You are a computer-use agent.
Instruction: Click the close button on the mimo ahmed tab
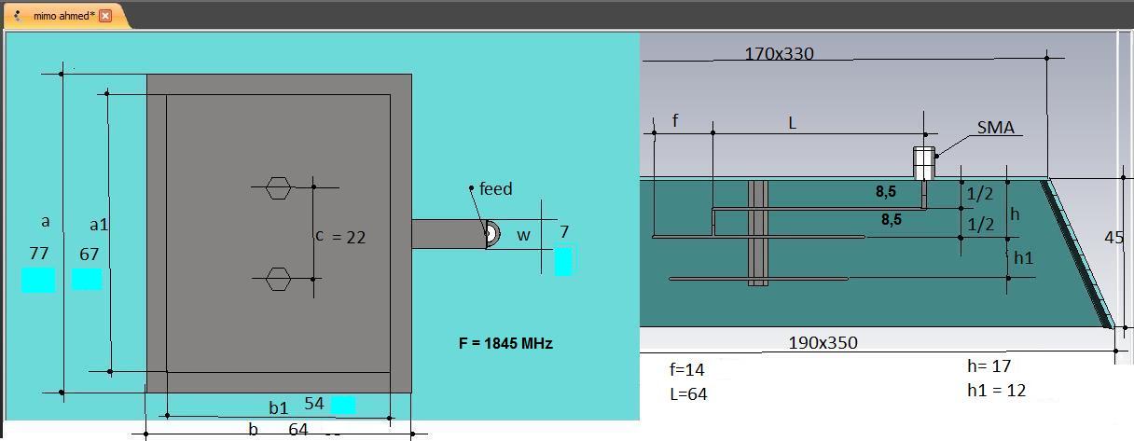[x=105, y=16]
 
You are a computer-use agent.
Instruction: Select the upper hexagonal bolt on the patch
[x=278, y=187]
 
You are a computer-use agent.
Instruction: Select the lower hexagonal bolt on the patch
[x=278, y=279]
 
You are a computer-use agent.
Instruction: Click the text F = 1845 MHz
[x=505, y=343]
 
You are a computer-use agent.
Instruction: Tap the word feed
[x=495, y=189]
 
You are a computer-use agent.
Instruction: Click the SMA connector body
[x=924, y=163]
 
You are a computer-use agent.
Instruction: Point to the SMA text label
[x=995, y=128]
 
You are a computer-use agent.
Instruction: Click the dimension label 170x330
[x=779, y=54]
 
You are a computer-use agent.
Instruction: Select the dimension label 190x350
[x=823, y=343]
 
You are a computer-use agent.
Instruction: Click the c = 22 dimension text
[x=340, y=237]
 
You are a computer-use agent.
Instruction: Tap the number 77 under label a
[x=39, y=253]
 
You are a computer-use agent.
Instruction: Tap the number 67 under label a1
[x=90, y=254]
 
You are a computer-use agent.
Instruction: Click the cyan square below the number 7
[x=563, y=261]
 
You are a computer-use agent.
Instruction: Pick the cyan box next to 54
[x=343, y=405]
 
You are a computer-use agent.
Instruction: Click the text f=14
[x=686, y=369]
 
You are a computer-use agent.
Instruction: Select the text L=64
[x=688, y=393]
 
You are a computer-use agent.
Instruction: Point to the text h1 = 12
[x=996, y=391]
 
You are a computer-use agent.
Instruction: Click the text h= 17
[x=989, y=365]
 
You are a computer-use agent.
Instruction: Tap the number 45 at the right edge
[x=1113, y=238]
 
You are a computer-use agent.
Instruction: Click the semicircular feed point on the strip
[x=492, y=233]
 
